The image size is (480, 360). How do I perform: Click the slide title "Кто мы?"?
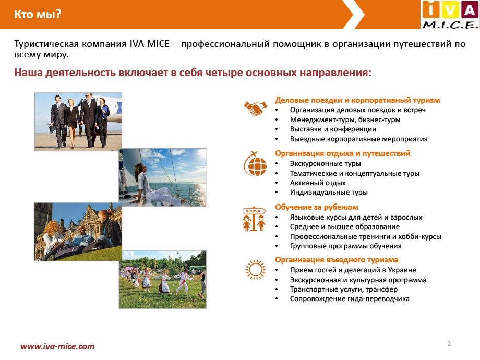[x=38, y=14]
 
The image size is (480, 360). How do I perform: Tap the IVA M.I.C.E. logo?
[x=450, y=15]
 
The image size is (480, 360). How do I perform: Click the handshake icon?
[x=255, y=108]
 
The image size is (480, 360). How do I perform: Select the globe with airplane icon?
[x=255, y=164]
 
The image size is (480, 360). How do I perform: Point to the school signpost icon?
[x=254, y=219]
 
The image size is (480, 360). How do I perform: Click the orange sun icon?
[x=255, y=270]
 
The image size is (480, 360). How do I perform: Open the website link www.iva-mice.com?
[x=57, y=346]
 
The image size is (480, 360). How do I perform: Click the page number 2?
[x=449, y=343]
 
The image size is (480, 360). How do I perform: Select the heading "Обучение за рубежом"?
[x=317, y=207]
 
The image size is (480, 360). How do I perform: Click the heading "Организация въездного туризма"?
[x=337, y=260]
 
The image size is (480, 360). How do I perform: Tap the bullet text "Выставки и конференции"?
[x=333, y=129]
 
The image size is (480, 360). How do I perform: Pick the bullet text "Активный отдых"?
[x=318, y=183]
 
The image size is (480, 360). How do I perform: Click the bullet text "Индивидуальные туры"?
[x=329, y=193]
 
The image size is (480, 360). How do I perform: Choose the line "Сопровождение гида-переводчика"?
[x=350, y=299]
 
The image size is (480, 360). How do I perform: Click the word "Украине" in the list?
[x=402, y=270]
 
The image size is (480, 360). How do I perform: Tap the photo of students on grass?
[x=78, y=232]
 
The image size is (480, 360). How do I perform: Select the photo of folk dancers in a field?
[x=163, y=280]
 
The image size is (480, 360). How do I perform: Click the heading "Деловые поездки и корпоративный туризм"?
[x=357, y=100]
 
